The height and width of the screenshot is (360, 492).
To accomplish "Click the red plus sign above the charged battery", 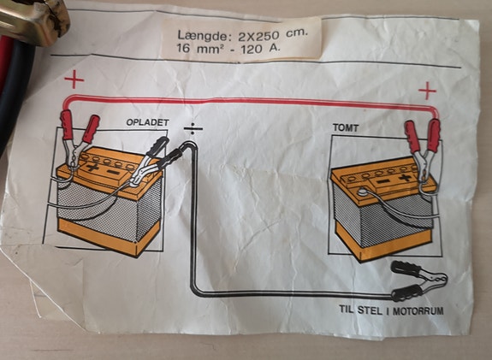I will [75, 82].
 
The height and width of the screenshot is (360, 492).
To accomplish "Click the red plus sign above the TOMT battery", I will [427, 90].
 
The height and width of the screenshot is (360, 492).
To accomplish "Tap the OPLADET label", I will [151, 122].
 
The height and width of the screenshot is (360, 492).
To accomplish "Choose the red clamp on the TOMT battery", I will [423, 142].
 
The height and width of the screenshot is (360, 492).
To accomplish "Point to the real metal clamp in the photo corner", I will [34, 17].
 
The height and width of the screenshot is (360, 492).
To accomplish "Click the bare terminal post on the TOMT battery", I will [363, 193].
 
